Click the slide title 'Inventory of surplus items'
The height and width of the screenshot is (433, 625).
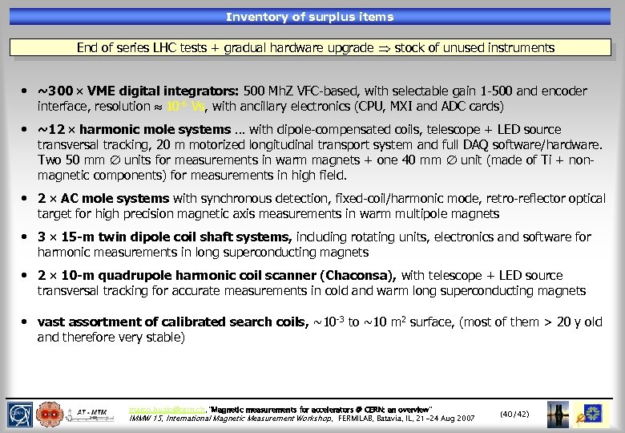pos(309,17)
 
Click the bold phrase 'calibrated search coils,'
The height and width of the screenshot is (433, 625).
pos(238,322)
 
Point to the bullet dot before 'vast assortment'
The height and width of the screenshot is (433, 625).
pos(26,322)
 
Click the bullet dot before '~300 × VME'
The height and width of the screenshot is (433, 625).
pos(26,91)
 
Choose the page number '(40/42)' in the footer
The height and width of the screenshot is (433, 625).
pos(514,414)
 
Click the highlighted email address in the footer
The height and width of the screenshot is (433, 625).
pos(166,410)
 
